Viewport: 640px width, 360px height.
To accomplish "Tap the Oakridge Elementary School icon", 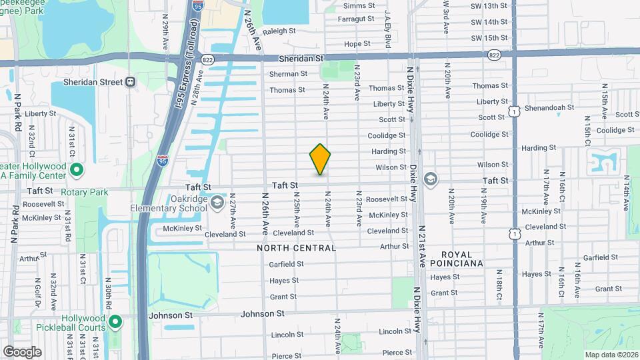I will (x=217, y=202).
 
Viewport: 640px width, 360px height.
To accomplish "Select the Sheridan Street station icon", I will (x=130, y=82).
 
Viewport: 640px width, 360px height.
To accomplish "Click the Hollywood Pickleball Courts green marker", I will (x=115, y=323).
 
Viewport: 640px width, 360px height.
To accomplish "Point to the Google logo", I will (x=22, y=351).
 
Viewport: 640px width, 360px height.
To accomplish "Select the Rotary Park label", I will (x=84, y=192).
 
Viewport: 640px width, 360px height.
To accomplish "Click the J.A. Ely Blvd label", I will (x=387, y=30).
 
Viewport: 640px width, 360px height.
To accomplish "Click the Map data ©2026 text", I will (x=609, y=354).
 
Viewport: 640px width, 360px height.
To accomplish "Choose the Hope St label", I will (x=357, y=44).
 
